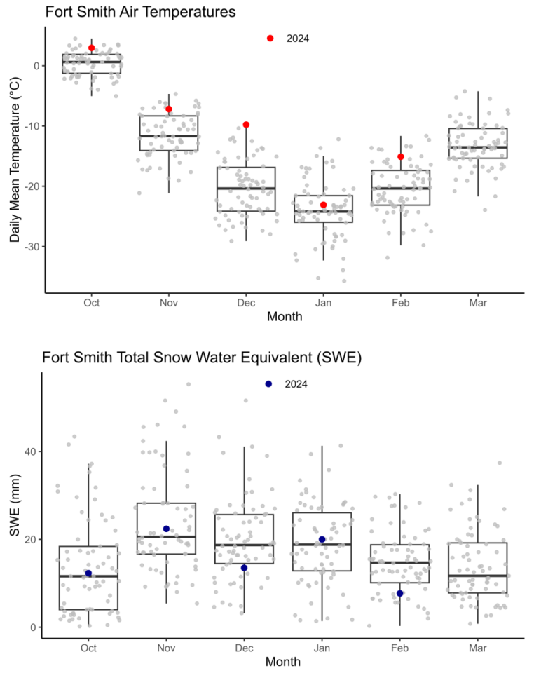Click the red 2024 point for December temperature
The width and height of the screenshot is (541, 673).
pyautogui.click(x=246, y=125)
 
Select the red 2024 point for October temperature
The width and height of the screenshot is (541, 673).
pyautogui.click(x=92, y=48)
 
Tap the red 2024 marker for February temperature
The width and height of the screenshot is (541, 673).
pyautogui.click(x=400, y=157)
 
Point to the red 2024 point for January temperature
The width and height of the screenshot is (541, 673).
pyautogui.click(x=323, y=205)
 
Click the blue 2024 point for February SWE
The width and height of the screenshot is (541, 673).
pyautogui.click(x=399, y=594)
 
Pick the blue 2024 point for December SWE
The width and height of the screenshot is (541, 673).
pyautogui.click(x=244, y=568)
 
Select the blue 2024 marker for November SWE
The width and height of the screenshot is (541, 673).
pyautogui.click(x=166, y=529)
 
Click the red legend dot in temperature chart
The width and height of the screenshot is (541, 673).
pyautogui.click(x=270, y=39)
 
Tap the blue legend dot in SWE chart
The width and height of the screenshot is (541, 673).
pyautogui.click(x=268, y=384)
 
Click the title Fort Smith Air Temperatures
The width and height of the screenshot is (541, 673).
pyautogui.click(x=140, y=13)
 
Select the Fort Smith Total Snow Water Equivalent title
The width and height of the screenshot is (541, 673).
pyautogui.click(x=201, y=358)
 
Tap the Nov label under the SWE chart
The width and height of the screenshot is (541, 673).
pyautogui.click(x=166, y=648)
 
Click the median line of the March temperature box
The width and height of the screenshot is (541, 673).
pyautogui.click(x=478, y=147)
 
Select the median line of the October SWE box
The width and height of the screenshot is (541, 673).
pyautogui.click(x=88, y=576)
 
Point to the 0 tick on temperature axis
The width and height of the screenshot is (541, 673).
pyautogui.click(x=35, y=65)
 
